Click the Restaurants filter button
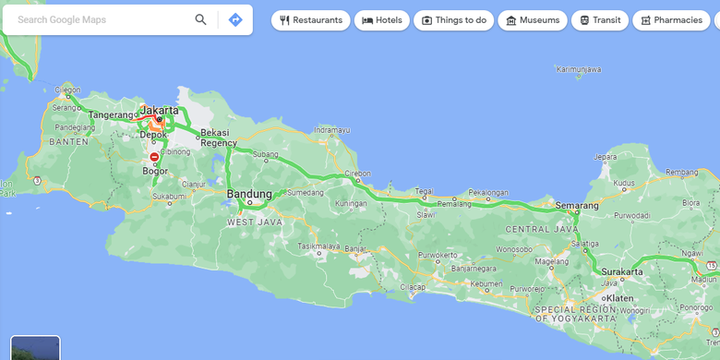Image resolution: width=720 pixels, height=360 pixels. pos(311,20)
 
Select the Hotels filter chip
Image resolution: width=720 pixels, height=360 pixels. pos(382,20)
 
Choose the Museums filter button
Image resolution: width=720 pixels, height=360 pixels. pos(533,20)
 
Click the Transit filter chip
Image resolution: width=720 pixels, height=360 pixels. pos(600,20)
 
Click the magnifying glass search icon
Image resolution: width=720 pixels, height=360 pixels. pos(200,19)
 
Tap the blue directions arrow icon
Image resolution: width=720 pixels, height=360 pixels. pos(235,19)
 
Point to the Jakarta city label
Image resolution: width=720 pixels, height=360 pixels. pos(161,109)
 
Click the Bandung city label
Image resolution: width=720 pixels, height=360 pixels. pos(249,194)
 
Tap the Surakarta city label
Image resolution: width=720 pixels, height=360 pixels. pos(620,272)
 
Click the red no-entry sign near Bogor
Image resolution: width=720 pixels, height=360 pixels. pos(154,157)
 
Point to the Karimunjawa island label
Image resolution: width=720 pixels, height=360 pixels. pos(579,68)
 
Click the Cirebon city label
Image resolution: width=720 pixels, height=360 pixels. pos(357,173)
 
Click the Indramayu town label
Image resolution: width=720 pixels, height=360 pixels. pos(332,130)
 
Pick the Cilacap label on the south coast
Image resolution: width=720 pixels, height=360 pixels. pos(413,287)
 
